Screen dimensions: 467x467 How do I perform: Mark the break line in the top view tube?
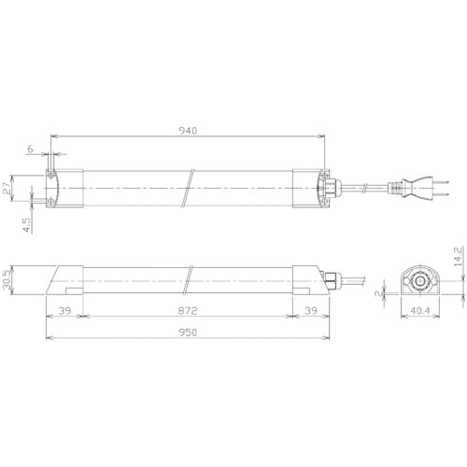click(189, 187)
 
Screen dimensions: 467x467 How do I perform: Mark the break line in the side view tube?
click(189, 280)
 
